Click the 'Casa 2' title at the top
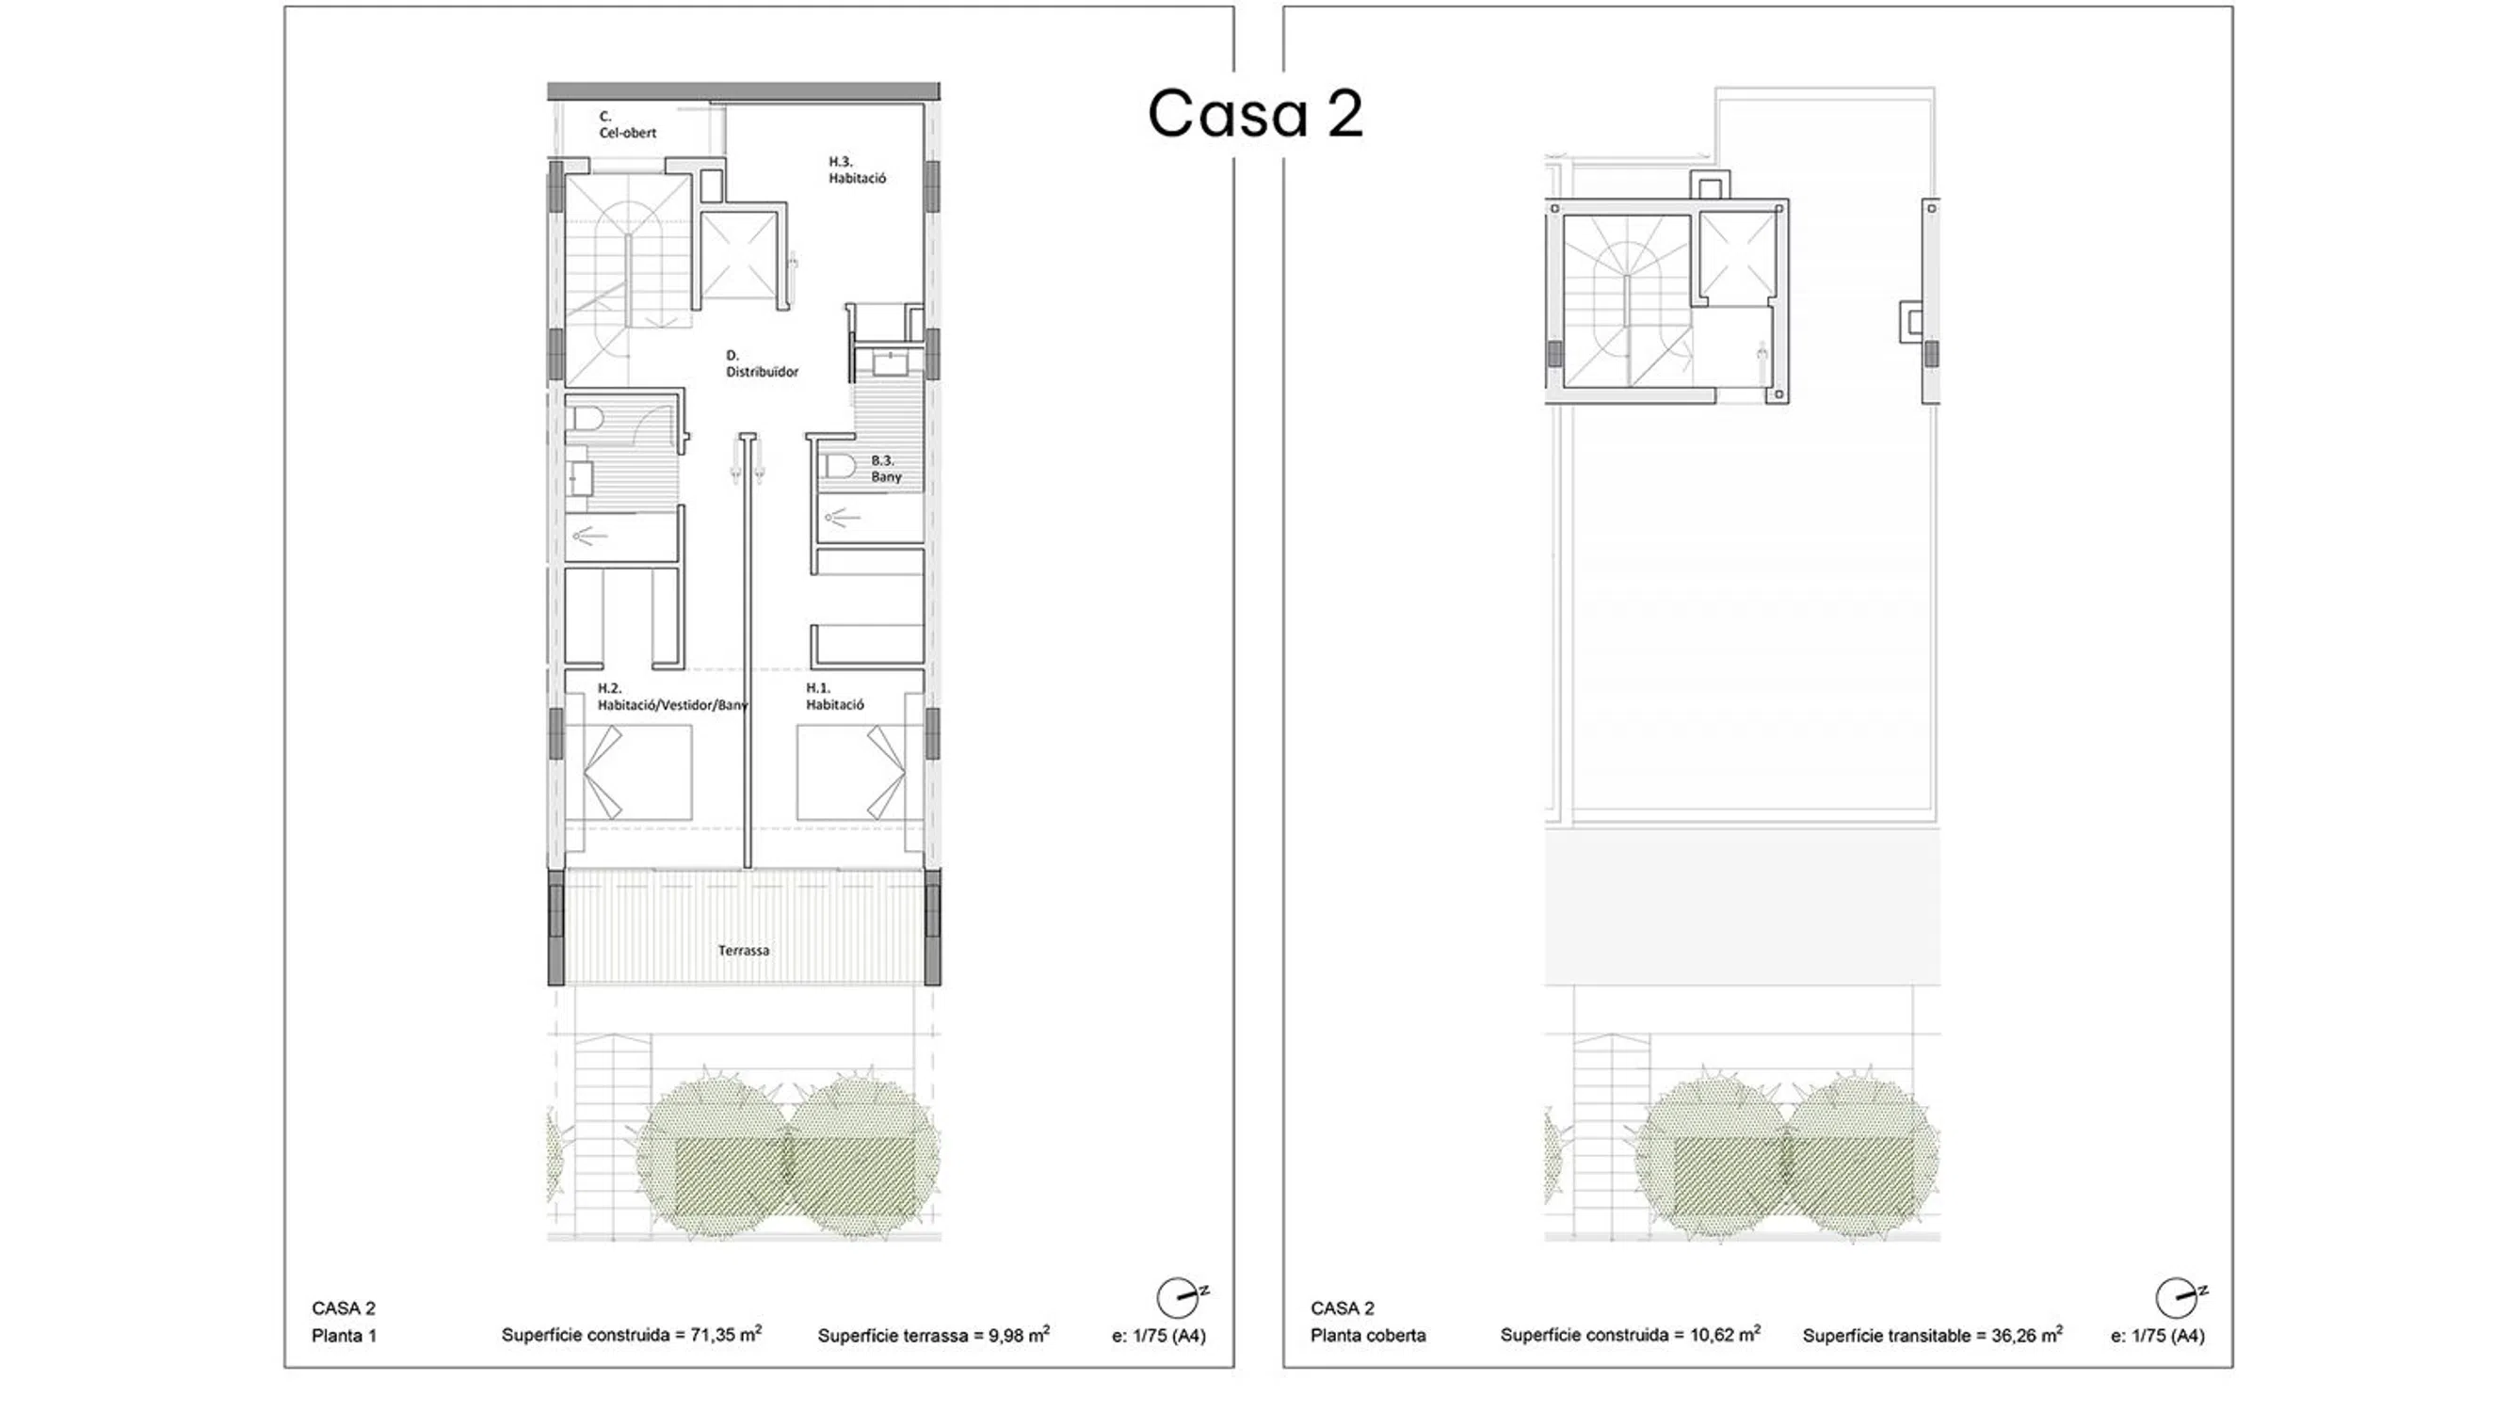[x=1255, y=113]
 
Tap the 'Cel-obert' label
[x=627, y=133]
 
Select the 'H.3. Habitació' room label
[x=858, y=169]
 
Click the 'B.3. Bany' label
[x=886, y=469]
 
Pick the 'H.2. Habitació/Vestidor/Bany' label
[x=672, y=696]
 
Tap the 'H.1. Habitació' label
[x=835, y=696]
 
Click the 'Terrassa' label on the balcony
[x=744, y=950]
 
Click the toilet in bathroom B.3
[x=837, y=465]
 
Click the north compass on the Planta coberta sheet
[x=2180, y=1298]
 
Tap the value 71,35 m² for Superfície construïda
[x=726, y=1334]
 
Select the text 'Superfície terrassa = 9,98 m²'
[x=933, y=1335]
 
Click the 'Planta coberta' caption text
[x=1367, y=1336]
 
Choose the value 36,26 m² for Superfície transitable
[x=2027, y=1335]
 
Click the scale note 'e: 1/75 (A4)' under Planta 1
[x=1159, y=1336]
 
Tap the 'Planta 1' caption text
[x=344, y=1336]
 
